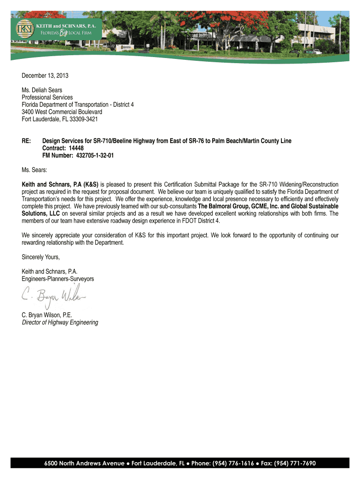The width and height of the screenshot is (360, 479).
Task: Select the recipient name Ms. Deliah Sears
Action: click(x=42, y=90)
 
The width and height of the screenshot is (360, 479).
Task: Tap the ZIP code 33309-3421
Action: click(x=82, y=119)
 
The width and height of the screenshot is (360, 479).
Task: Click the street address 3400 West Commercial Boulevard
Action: click(x=62, y=112)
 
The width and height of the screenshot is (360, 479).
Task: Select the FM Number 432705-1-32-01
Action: click(x=94, y=155)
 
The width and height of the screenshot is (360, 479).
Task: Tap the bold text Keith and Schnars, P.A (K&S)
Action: click(x=60, y=184)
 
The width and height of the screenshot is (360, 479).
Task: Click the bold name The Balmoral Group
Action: click(x=223, y=206)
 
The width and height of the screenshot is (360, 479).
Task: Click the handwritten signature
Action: click(x=54, y=296)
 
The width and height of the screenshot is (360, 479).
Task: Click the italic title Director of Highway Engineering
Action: click(x=60, y=322)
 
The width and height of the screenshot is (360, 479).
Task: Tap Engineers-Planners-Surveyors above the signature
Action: click(x=58, y=279)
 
